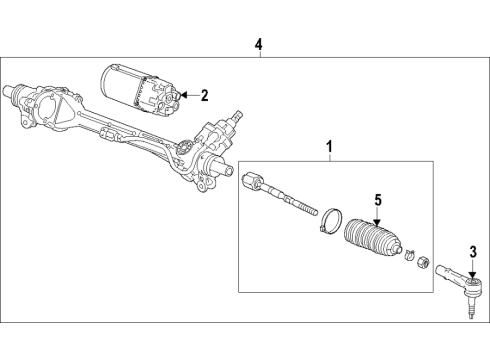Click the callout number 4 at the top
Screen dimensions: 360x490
[259, 44]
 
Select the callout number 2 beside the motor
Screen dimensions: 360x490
[203, 96]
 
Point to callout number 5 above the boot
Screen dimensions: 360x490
[378, 201]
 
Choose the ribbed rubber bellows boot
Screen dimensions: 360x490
[372, 246]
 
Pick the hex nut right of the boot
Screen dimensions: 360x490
[423, 264]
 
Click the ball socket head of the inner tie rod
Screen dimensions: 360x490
[252, 182]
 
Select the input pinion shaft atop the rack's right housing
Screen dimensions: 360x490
[238, 121]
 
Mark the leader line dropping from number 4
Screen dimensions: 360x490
[259, 56]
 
